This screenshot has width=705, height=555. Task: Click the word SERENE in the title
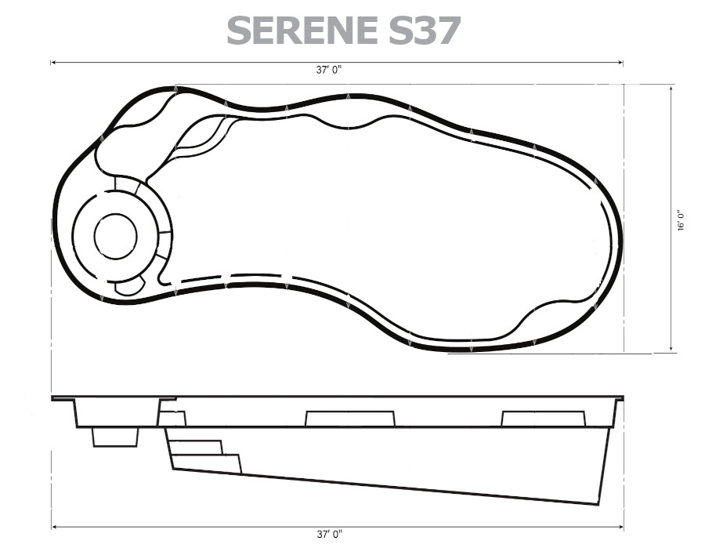click(x=302, y=30)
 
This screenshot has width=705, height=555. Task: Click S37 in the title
click(x=425, y=30)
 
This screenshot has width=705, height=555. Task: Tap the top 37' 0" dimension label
click(x=329, y=70)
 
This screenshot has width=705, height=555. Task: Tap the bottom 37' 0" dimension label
click(x=330, y=535)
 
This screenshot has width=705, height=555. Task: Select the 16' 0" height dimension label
click(x=682, y=219)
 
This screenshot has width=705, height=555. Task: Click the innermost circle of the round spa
click(x=116, y=236)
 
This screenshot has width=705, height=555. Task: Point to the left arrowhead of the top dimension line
click(x=53, y=63)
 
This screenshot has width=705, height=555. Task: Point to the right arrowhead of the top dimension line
click(x=620, y=63)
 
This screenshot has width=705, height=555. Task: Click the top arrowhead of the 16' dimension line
click(x=671, y=89)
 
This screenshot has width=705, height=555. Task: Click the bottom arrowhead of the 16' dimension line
click(x=671, y=348)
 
